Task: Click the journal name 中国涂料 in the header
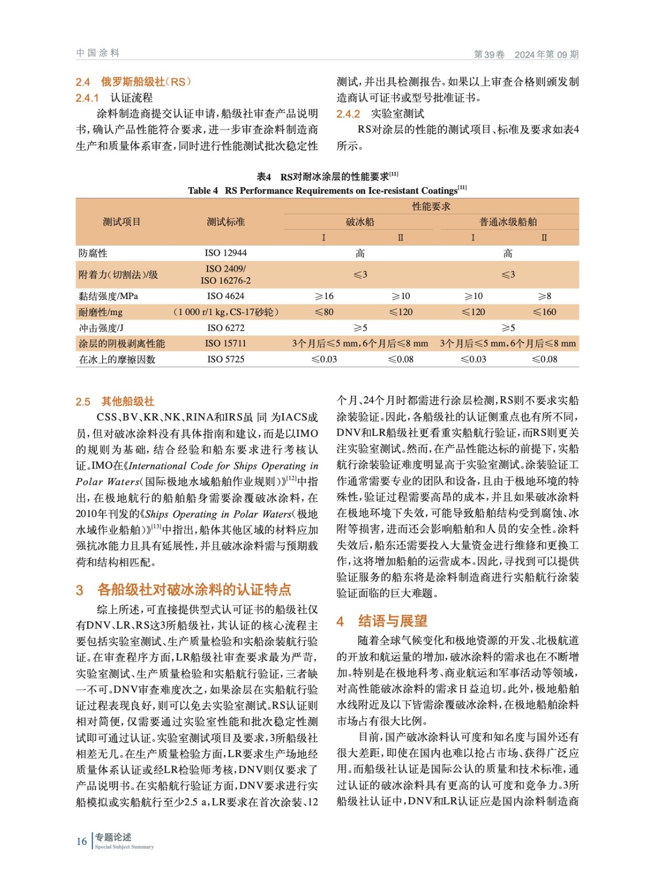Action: point(98,53)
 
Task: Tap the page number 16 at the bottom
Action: point(82,841)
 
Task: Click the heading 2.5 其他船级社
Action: point(115,401)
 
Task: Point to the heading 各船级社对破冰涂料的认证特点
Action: point(194,589)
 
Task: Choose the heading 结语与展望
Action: point(392,621)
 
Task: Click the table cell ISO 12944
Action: point(226,253)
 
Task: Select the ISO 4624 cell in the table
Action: point(226,296)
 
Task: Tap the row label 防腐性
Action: point(93,253)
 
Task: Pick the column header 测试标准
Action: point(226,222)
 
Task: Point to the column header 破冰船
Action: point(360,222)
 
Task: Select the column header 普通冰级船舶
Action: point(508,222)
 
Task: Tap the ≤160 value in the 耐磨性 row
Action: point(544,312)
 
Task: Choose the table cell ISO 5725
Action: point(226,359)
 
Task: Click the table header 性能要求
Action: point(431,206)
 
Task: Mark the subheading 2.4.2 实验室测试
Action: point(381,114)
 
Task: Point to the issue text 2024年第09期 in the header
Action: point(546,54)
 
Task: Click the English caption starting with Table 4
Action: point(327,190)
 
